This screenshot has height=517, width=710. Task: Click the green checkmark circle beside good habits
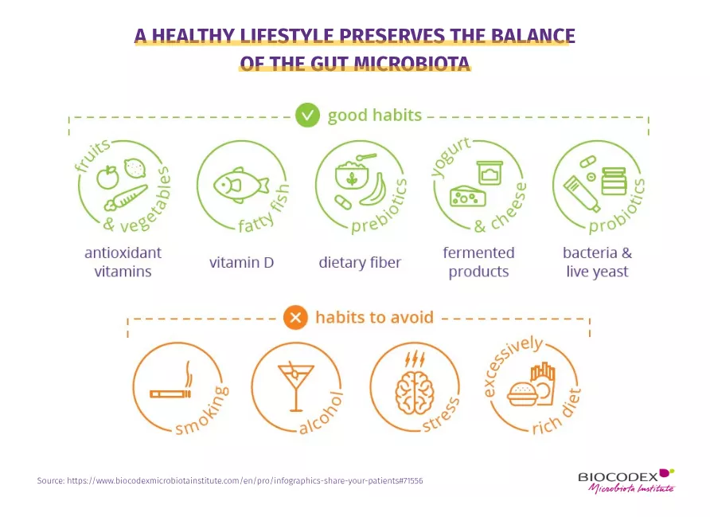[x=307, y=115]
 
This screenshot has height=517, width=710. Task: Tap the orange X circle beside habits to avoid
[x=295, y=317]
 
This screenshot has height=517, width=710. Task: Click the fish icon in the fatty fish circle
[x=240, y=186]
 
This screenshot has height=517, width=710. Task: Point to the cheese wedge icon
[x=468, y=196]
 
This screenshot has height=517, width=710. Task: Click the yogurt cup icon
[x=490, y=173]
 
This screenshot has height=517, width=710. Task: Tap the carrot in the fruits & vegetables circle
[x=126, y=198]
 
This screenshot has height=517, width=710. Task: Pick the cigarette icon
[x=170, y=394]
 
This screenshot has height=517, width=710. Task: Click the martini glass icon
[x=295, y=387]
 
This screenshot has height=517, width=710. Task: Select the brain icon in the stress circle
[x=415, y=393]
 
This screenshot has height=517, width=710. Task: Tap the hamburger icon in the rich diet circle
[x=522, y=394]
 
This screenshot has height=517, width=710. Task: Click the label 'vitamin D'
[x=241, y=262]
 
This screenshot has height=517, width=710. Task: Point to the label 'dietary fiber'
[x=360, y=262]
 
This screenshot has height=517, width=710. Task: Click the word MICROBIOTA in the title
[x=412, y=63]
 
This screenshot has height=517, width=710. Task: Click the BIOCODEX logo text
[x=618, y=476]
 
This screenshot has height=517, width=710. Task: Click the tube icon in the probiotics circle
[x=582, y=194]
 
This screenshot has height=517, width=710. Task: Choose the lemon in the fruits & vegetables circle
[x=135, y=168]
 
